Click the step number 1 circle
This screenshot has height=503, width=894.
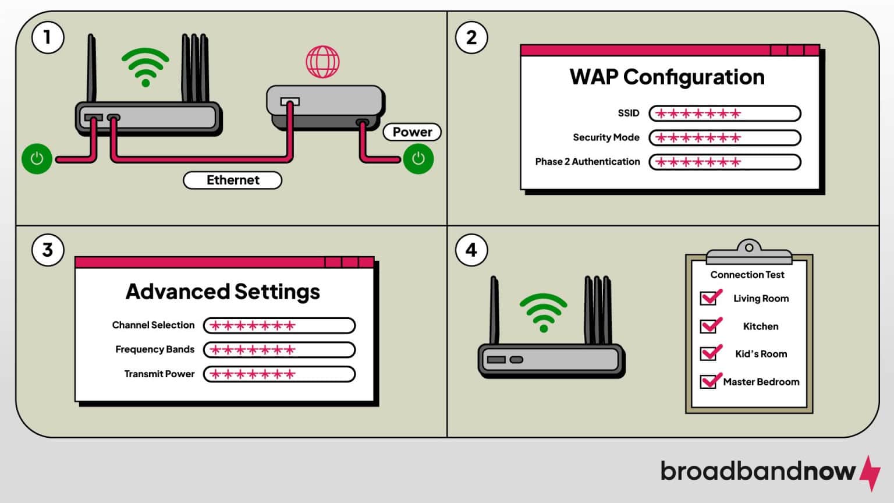(x=47, y=37)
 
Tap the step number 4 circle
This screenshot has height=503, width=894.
(x=471, y=250)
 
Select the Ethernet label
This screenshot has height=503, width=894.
(x=232, y=180)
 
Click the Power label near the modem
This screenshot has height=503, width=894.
(x=412, y=132)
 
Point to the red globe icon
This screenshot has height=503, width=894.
(x=322, y=62)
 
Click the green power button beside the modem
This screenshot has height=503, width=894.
(x=418, y=158)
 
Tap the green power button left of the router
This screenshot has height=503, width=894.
(x=37, y=158)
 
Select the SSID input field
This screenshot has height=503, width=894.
(x=725, y=114)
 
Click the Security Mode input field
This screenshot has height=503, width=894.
(x=725, y=138)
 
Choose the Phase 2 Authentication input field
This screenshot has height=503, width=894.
(x=725, y=162)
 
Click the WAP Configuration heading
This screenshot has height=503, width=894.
(x=666, y=77)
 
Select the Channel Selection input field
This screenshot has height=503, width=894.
(x=279, y=325)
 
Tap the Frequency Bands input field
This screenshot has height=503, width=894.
(x=279, y=350)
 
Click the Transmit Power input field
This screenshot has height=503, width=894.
(x=279, y=374)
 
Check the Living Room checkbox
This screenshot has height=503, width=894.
(x=708, y=298)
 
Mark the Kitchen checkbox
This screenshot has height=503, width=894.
(x=708, y=326)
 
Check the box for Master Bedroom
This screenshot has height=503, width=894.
(x=708, y=381)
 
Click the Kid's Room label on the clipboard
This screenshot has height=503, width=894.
(x=761, y=354)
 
